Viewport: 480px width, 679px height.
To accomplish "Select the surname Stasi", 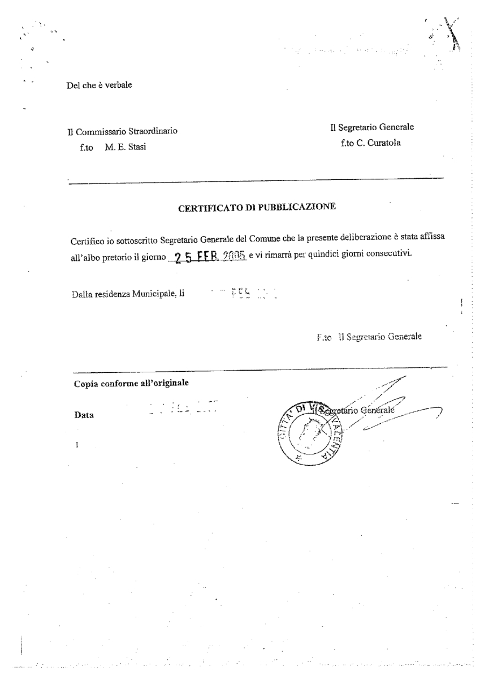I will tap(133, 148).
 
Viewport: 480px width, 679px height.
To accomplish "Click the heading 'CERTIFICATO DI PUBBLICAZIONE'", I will tap(257, 207).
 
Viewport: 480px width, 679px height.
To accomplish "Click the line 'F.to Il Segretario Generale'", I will tap(372, 338).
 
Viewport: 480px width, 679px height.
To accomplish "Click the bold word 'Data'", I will tap(84, 415).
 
